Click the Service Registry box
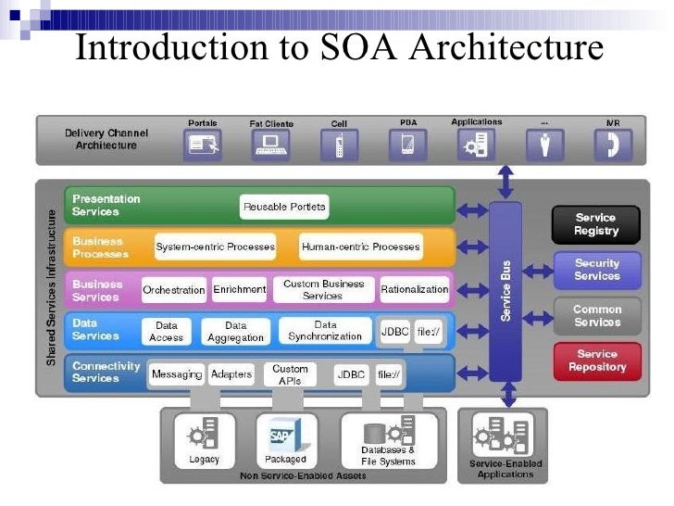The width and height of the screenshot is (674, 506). click(595, 223)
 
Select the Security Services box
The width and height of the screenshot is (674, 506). click(596, 270)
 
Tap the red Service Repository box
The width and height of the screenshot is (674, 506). click(596, 361)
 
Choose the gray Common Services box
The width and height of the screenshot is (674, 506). click(596, 316)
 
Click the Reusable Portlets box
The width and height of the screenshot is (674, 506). click(283, 207)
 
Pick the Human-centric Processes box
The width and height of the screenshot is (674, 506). click(360, 247)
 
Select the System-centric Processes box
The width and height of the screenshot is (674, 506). click(215, 247)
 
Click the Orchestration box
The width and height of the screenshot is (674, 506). click(173, 290)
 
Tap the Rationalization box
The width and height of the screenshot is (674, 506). click(414, 290)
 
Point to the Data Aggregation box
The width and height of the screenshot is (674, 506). click(235, 332)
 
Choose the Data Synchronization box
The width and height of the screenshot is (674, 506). click(325, 331)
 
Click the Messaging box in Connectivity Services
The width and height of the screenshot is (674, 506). click(176, 374)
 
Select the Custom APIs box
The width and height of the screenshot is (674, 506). click(290, 374)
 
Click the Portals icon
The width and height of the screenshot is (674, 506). click(202, 145)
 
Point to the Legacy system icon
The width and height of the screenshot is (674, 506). click(203, 434)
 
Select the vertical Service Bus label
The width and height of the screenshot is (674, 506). click(506, 291)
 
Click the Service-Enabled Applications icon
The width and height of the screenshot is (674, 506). click(505, 434)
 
